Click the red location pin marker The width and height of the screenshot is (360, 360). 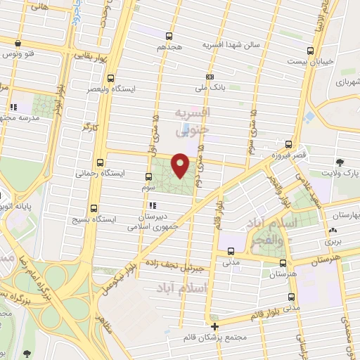click(x=181, y=165)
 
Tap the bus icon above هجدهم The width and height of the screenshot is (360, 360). click(x=169, y=36)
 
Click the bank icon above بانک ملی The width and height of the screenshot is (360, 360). click(x=210, y=77)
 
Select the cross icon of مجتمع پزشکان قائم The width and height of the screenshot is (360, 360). click(x=215, y=326)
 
